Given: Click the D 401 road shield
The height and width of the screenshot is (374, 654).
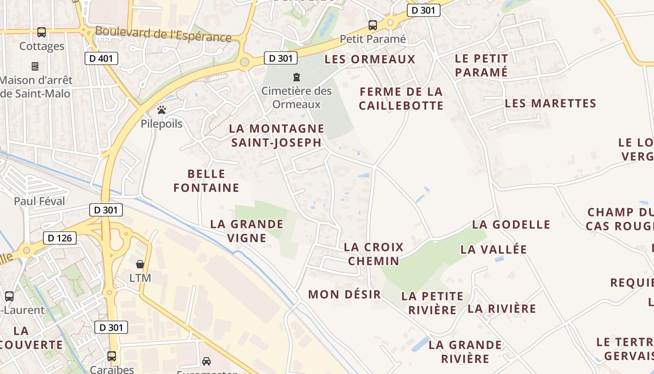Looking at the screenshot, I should pos(101,58).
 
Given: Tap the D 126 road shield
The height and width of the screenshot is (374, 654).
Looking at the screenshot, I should pos(60,238).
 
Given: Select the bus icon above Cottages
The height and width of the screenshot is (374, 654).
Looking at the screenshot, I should pos(42,32).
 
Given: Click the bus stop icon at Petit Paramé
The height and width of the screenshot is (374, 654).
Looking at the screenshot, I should pos(372,25).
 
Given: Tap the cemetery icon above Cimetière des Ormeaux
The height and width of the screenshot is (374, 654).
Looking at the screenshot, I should pos(296,77).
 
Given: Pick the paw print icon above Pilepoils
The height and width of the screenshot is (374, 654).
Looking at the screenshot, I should pos(162,110).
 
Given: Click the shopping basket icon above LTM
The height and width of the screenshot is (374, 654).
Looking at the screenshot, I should pos(140,264).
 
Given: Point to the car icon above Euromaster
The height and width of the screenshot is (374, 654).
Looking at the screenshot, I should pos(206,361).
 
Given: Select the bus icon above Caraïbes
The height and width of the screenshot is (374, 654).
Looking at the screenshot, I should pos(112,356).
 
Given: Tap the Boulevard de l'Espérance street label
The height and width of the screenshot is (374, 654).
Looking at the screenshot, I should pos(163,34).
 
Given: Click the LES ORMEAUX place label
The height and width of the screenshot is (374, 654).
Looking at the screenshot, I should pos(370,59).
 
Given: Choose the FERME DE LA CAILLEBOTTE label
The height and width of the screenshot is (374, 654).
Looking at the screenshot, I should pos(401,99).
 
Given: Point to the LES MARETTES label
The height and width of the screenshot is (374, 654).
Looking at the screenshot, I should pos(550,103).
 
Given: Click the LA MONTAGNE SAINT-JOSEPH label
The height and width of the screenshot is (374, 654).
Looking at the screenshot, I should pos(277,136).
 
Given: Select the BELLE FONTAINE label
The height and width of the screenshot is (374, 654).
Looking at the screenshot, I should pos(206,181).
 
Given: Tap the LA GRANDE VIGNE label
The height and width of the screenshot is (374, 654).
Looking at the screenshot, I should pos(247,231).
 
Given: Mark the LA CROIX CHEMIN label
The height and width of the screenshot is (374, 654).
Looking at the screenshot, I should pos(373,254).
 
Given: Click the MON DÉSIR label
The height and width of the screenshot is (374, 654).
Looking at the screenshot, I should pos(344,295).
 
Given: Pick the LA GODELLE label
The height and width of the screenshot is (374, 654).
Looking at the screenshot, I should pos(511,225).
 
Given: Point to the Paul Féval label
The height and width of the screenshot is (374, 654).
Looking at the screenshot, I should pos(39,201).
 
